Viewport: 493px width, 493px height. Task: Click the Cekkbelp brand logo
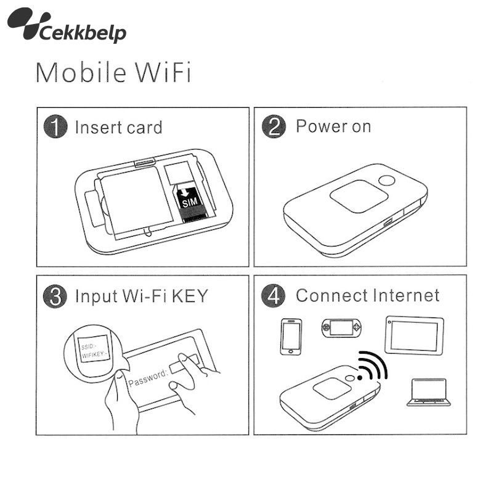pos(67,25)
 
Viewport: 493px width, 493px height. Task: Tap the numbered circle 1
pos(55,126)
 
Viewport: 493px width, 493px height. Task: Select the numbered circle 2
pos(274,126)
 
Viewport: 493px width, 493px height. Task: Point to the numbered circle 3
pos(55,296)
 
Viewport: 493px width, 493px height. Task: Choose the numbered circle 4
pos(273,296)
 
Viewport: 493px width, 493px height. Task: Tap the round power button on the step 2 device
pos(387,181)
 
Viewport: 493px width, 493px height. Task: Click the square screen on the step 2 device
pos(359,196)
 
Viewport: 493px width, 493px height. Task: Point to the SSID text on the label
pos(87,347)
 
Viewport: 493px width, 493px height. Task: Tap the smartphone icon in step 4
pos(291,336)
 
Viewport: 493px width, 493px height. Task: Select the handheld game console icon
pos(341,328)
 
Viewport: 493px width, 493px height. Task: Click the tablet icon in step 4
pos(414,335)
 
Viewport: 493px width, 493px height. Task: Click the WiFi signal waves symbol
pos(373,366)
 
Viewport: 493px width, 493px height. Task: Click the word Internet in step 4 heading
pos(406,296)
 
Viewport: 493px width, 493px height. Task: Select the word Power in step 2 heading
pos(320,126)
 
